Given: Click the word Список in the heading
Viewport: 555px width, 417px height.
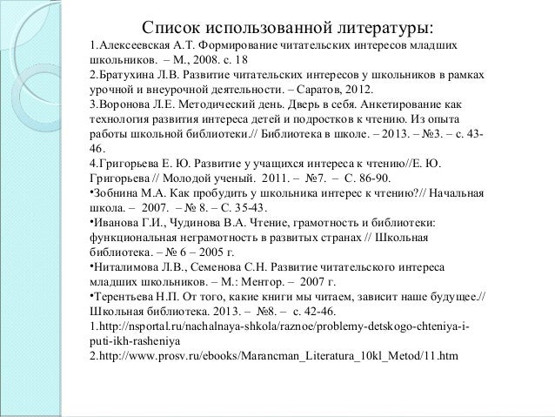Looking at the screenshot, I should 171,26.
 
